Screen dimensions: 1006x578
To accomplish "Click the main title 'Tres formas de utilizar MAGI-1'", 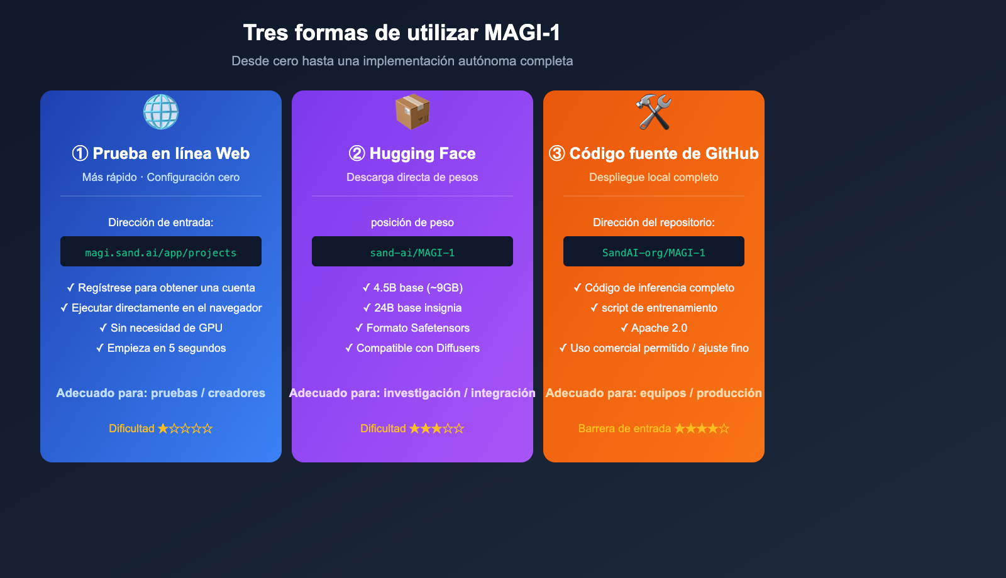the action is coord(402,33).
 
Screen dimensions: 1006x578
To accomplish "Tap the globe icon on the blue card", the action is coord(161,112).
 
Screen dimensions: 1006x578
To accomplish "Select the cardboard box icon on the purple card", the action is coord(412,112).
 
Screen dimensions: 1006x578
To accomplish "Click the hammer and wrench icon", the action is coord(654,112).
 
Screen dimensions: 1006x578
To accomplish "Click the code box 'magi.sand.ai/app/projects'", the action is coord(161,252).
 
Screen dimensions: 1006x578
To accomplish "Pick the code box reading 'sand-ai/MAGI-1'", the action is coord(412,252).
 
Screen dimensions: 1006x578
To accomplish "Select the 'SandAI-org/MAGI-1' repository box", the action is coord(654,252).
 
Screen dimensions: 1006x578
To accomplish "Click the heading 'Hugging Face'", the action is coord(412,153).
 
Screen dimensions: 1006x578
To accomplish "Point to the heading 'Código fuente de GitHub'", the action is coord(654,153).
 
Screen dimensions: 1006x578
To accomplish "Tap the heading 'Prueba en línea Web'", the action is coord(161,153).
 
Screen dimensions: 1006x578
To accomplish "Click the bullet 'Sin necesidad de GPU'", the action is coord(161,328).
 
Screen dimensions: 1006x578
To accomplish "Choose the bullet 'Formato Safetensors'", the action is coord(412,328).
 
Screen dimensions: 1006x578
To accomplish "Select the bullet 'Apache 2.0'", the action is coord(654,328).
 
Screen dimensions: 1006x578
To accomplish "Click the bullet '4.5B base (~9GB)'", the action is coord(412,288).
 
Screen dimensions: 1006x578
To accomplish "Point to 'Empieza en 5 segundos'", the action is coord(161,348).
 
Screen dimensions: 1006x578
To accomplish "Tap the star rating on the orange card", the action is coord(702,428).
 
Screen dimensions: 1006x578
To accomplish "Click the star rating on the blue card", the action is coord(185,428).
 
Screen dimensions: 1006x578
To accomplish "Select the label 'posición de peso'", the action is coord(412,222).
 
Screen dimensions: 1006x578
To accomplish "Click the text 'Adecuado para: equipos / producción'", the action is coord(654,393).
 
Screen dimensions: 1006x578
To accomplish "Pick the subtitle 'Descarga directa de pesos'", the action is coord(412,177).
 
